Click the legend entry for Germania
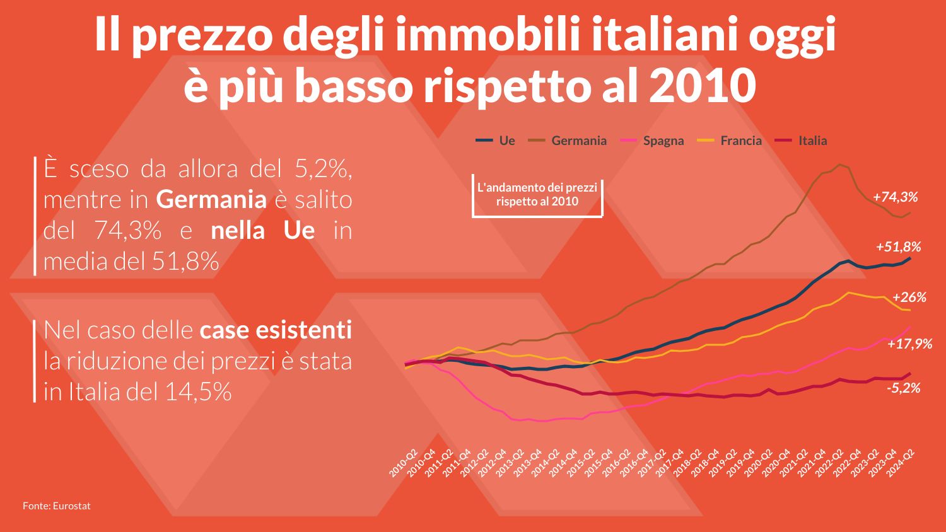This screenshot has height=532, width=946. pyautogui.click(x=567, y=141)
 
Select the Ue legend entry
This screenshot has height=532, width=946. pyautogui.click(x=495, y=141)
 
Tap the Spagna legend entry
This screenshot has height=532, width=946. pyautogui.click(x=651, y=141)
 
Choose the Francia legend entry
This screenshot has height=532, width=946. pyautogui.click(x=729, y=141)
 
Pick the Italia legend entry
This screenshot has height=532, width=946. pyautogui.click(x=801, y=141)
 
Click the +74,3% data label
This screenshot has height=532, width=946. pyautogui.click(x=896, y=197)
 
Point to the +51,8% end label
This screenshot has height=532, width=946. pyautogui.click(x=898, y=246)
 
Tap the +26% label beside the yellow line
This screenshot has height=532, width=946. pyautogui.click(x=909, y=298)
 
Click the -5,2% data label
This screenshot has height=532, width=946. pyautogui.click(x=903, y=388)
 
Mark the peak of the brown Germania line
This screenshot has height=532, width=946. pyautogui.click(x=839, y=165)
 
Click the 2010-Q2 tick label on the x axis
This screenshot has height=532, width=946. pyautogui.click(x=403, y=463)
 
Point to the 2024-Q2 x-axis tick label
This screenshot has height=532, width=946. pyautogui.click(x=900, y=463)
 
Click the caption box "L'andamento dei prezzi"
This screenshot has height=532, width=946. pyautogui.click(x=537, y=195)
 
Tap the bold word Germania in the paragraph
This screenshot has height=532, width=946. pyautogui.click(x=211, y=199)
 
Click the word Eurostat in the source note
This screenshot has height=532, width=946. pyautogui.click(x=72, y=506)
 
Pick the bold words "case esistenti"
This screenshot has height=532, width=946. pyautogui.click(x=276, y=330)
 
